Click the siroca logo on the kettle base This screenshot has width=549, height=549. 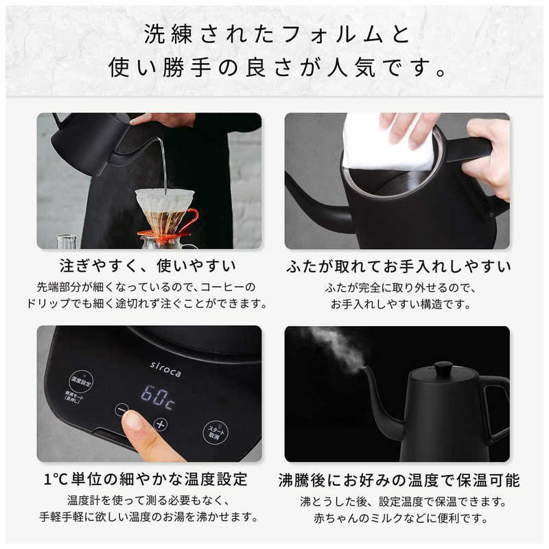click(x=165, y=369)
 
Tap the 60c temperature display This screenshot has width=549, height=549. click(x=158, y=397)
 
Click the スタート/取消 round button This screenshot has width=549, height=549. click(x=216, y=432)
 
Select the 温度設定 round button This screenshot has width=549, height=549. click(x=81, y=382)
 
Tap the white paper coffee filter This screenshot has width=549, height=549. click(x=165, y=201)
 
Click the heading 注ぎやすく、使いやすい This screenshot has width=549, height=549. click(x=148, y=266)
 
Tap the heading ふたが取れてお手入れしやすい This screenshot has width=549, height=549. click(x=398, y=266)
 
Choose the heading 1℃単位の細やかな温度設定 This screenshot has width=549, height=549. click(x=145, y=478)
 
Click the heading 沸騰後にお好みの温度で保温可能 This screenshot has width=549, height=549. click(x=399, y=480)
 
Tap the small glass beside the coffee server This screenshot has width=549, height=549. click(x=66, y=242)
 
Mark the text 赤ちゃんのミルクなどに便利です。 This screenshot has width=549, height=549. click(x=401, y=518)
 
